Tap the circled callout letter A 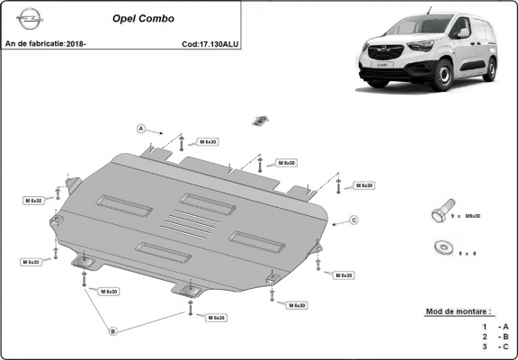[x=141, y=129]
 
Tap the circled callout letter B [x=112, y=331]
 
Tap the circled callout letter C [x=353, y=220]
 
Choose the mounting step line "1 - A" [x=496, y=325]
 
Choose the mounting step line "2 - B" [x=496, y=335]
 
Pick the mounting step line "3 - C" [x=496, y=346]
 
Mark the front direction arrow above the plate [x=261, y=120]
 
